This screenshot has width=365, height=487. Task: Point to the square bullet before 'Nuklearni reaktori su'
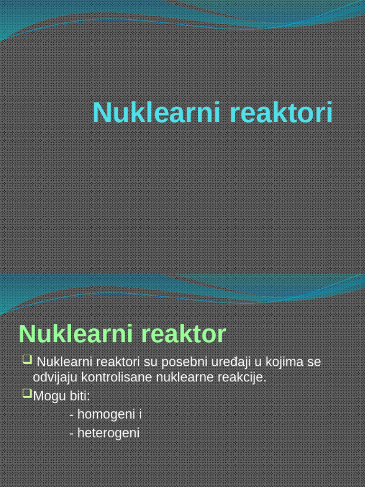point(27,359)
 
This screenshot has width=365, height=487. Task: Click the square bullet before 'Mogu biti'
point(27,393)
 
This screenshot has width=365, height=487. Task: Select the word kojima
point(282,362)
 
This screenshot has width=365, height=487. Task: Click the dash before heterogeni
point(71,434)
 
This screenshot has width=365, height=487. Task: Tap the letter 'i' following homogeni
point(141,414)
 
